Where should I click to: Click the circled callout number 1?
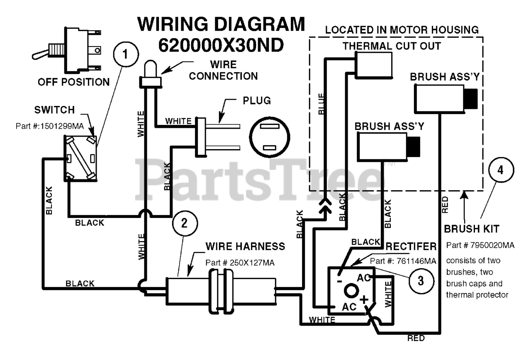coord(126,54)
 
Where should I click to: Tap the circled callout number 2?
coord(185,223)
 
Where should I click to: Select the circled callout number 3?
coord(421,281)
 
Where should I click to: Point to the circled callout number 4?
coord(501,170)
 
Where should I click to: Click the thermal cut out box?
coord(374,65)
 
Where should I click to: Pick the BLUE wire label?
coord(321,104)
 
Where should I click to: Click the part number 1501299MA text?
coord(50,126)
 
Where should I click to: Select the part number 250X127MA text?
coord(240,263)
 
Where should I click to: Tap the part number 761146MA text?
coord(403,261)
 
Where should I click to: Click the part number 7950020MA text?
coord(480,245)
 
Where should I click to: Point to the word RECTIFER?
coord(411,246)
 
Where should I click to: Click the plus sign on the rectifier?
coord(364,299)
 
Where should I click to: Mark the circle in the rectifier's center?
coord(351,291)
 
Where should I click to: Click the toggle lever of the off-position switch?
coord(41,54)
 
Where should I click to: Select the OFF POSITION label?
coord(74,82)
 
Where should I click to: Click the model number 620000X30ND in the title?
coord(221,45)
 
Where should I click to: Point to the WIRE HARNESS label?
coord(245,246)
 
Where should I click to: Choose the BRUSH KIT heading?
coord(472,229)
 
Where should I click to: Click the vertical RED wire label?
coord(445,205)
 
